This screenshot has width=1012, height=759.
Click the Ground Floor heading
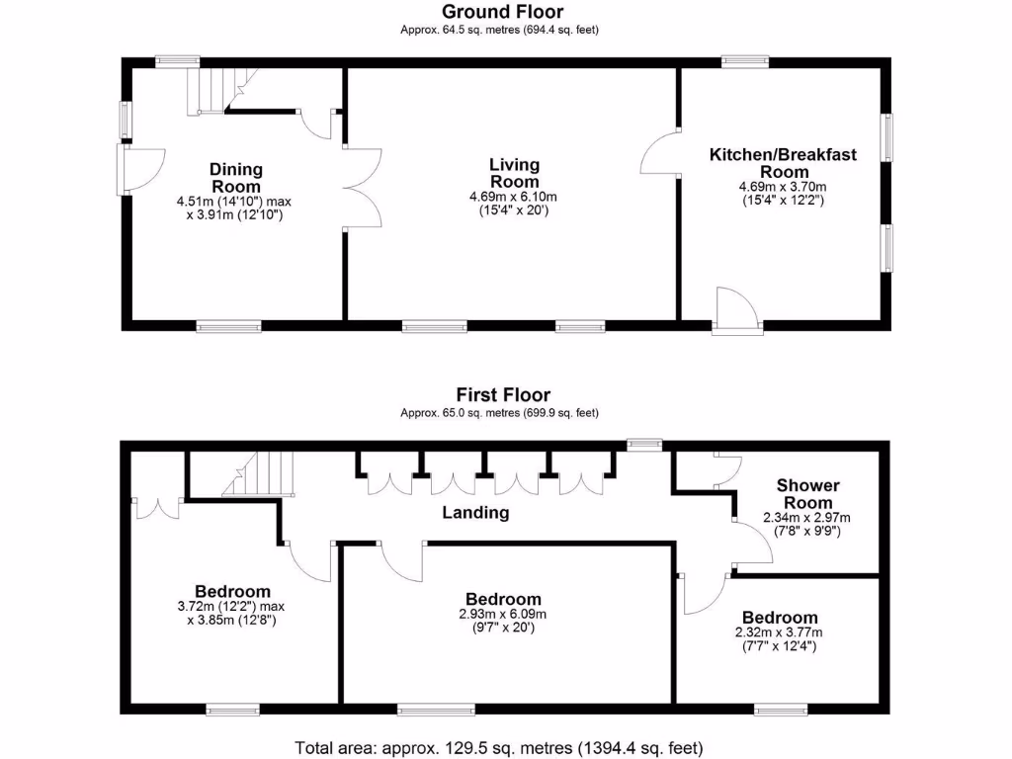pyautogui.click(x=501, y=12)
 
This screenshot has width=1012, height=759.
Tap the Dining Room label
pyautogui.click(x=236, y=178)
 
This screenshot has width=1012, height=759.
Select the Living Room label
pyautogui.click(x=514, y=173)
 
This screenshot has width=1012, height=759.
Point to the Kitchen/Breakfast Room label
pyautogui.click(x=783, y=163)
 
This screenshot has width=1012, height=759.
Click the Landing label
pyautogui.click(x=475, y=512)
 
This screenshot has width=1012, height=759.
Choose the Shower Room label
pyautogui.click(x=807, y=493)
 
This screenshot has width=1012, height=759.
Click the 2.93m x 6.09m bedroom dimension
pyautogui.click(x=503, y=614)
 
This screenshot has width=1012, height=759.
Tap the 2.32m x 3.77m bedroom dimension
pyautogui.click(x=780, y=632)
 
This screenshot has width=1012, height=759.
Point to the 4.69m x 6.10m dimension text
pyautogui.click(x=514, y=196)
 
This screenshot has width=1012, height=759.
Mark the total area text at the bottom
pyautogui.click(x=499, y=747)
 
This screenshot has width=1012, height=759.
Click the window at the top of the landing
pyautogui.click(x=645, y=445)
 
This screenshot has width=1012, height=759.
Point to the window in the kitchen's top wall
pyautogui.click(x=745, y=61)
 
